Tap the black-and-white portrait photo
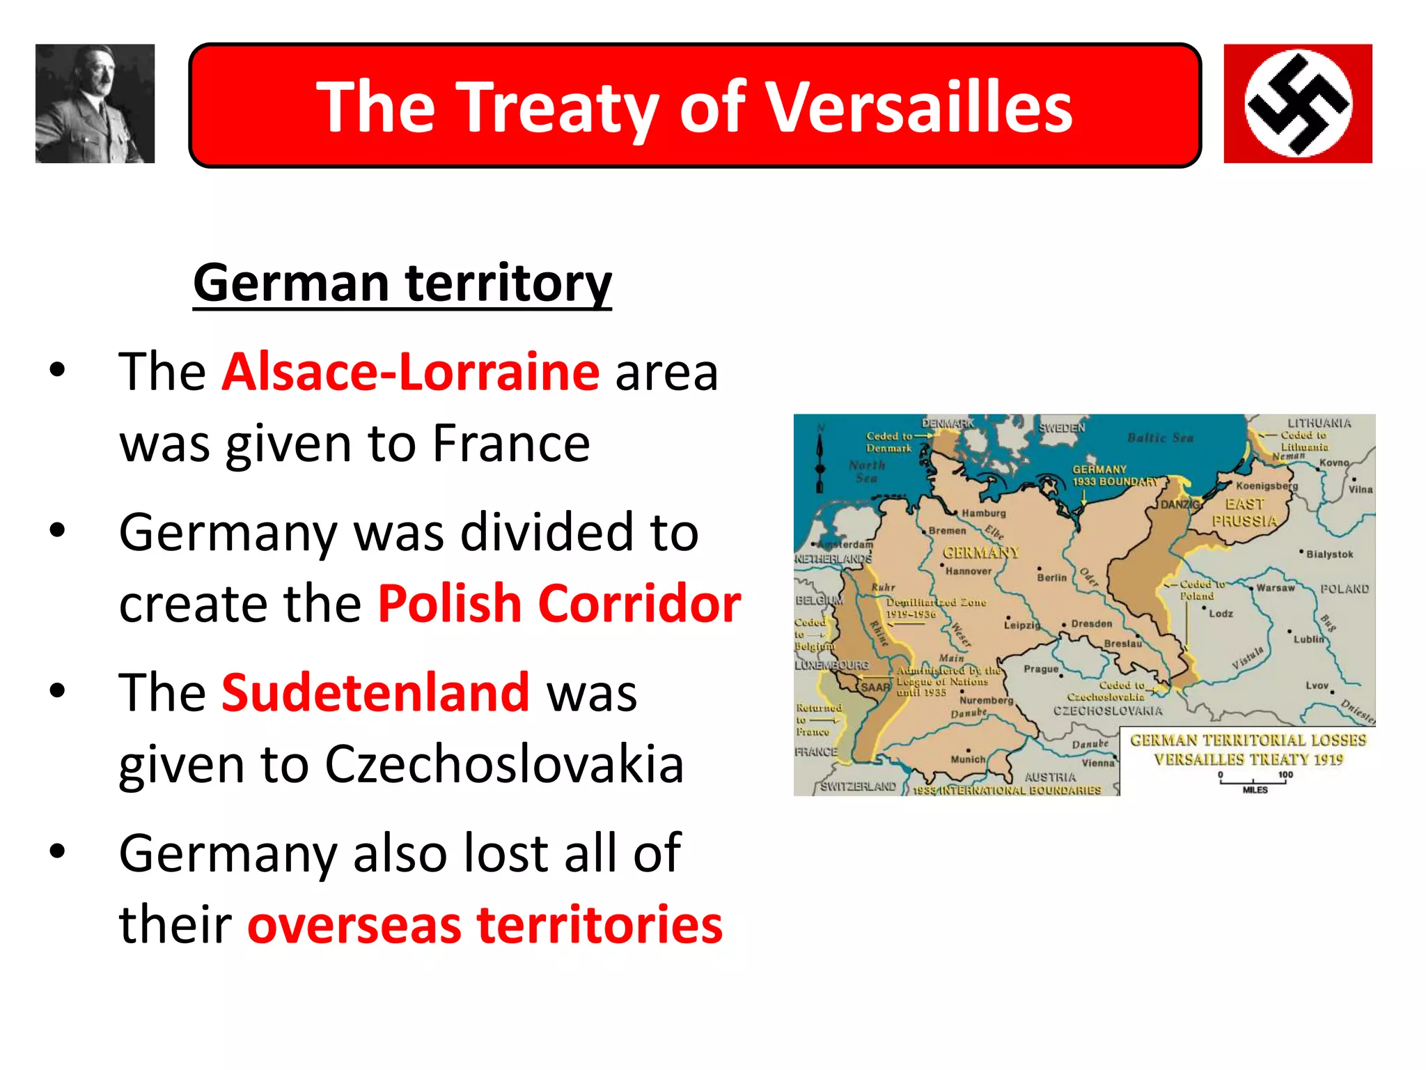[x=95, y=104]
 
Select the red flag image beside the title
[x=1297, y=104]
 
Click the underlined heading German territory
[x=402, y=283]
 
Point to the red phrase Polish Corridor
[x=559, y=603]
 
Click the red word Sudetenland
[x=376, y=692]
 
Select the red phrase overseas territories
[x=485, y=924]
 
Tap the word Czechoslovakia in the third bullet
[x=504, y=764]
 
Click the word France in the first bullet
[x=511, y=443]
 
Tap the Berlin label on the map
[x=1051, y=577]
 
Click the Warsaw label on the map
[x=1275, y=588]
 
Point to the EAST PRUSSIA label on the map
[x=1244, y=513]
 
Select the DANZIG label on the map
[x=1180, y=504]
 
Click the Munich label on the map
[x=968, y=759]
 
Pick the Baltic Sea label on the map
[x=1160, y=438]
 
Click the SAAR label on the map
[x=875, y=688]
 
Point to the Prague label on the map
[x=1041, y=669]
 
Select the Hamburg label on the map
[x=983, y=513]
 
